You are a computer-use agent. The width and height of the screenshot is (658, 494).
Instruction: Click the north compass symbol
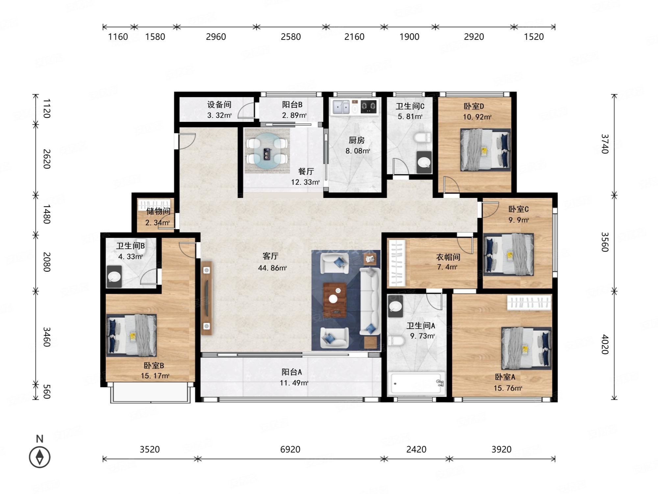tap(40, 457)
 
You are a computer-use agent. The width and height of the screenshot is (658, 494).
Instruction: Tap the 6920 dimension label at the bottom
tap(290, 449)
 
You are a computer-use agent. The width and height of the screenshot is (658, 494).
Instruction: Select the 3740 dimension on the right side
tap(605, 144)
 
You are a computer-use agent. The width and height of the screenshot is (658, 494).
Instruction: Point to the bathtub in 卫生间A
tap(417, 383)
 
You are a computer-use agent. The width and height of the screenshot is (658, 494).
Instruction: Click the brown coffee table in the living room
tap(335, 300)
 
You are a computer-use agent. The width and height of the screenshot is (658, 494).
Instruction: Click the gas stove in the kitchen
tap(368, 107)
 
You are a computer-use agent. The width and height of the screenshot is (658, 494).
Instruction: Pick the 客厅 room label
tap(270, 256)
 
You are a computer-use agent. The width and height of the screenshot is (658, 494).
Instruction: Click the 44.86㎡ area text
tap(272, 268)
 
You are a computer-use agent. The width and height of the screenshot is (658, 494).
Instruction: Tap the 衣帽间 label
tap(448, 257)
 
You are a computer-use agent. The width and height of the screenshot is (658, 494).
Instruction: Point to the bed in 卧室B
tap(131, 335)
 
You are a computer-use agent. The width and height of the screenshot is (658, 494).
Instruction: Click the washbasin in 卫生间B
tap(114, 276)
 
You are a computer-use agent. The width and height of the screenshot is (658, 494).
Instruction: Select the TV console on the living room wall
tap(207, 298)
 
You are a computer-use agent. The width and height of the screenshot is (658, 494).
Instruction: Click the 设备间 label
tap(219, 105)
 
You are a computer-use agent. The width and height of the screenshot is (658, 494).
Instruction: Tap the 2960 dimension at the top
tap(216, 37)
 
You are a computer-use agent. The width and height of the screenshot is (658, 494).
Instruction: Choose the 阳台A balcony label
tap(291, 372)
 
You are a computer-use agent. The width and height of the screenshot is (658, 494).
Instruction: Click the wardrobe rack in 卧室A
tap(529, 303)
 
